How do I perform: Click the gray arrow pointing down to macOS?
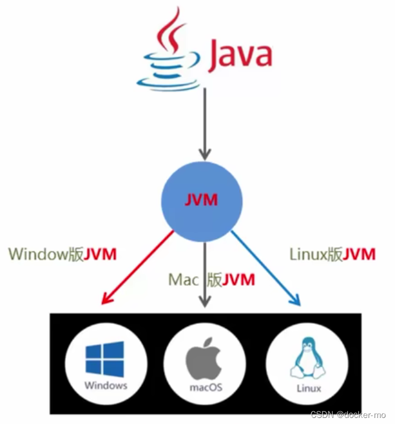pyautogui.click(x=205, y=266)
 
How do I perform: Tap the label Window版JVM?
pyautogui.click(x=62, y=254)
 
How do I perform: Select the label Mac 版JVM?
pyautogui.click(x=211, y=280)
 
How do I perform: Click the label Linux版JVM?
pyautogui.click(x=332, y=254)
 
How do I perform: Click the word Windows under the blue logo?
pyautogui.click(x=106, y=385)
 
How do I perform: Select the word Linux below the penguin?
pyautogui.click(x=308, y=388)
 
